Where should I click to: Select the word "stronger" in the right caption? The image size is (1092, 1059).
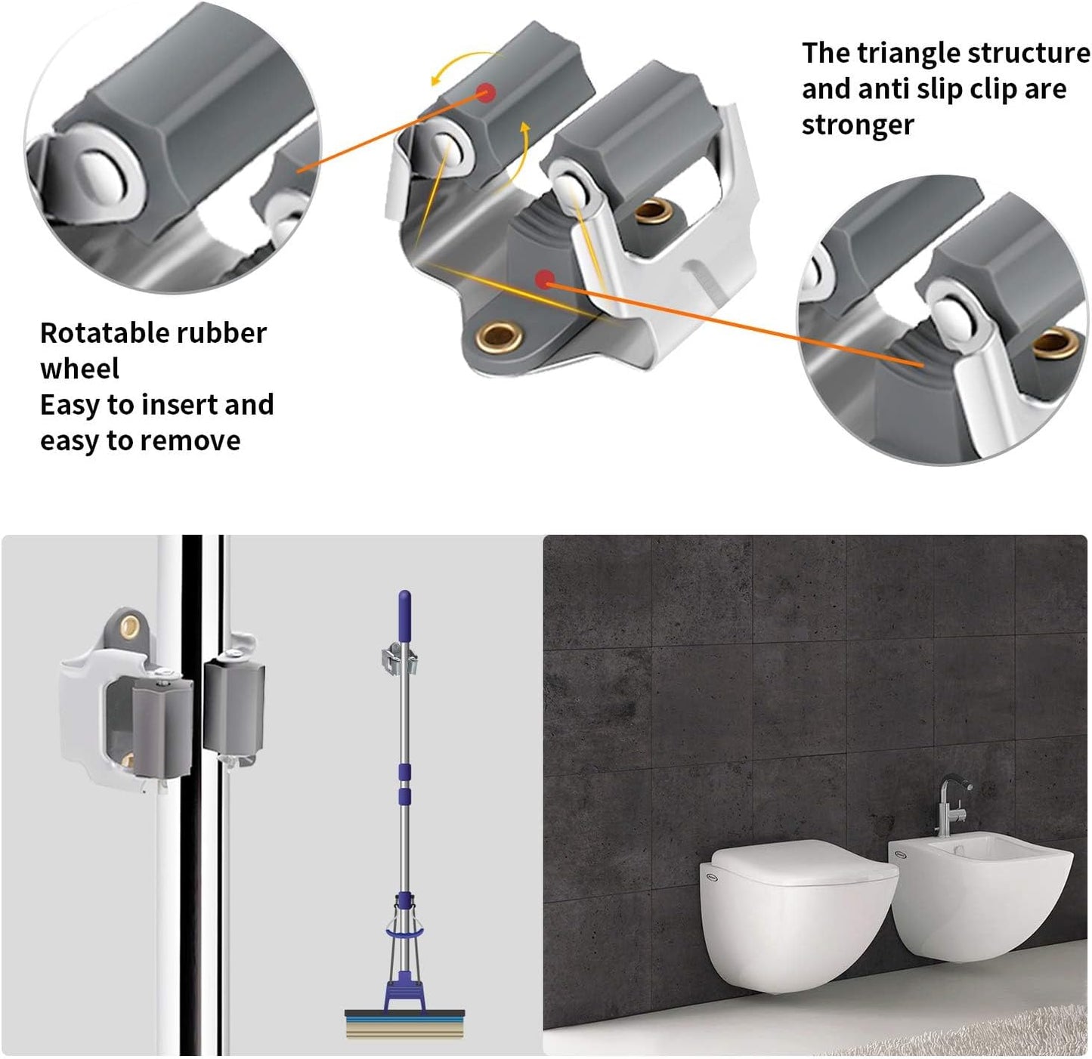tap(858, 125)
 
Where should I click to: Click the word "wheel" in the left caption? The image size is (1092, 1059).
tap(79, 369)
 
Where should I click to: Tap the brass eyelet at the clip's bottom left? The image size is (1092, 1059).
tap(497, 334)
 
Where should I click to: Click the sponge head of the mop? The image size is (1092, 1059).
tap(405, 1025)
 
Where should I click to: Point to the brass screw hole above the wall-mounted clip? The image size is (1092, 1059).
tap(130, 625)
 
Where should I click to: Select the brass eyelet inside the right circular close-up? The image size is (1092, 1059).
tap(1056, 344)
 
